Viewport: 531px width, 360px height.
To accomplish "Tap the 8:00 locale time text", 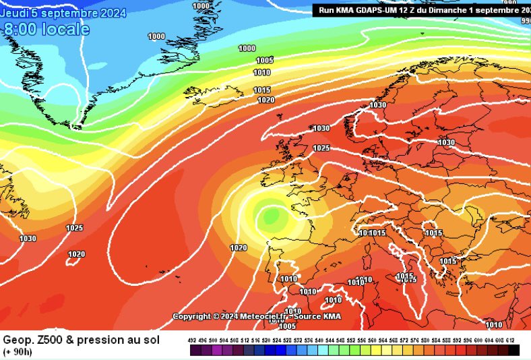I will coord(46,30).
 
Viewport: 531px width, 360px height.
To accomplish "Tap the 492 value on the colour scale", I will coord(191,341).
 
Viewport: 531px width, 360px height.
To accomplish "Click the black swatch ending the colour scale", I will coord(514,351).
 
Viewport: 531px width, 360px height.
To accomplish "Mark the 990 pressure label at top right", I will coord(526,21).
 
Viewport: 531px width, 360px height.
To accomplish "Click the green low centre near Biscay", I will coord(272,216).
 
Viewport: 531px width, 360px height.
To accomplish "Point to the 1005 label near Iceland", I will coord(265,60).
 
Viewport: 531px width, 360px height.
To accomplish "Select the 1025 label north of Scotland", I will coord(321,148).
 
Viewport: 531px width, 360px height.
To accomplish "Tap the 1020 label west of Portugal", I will coord(239,247).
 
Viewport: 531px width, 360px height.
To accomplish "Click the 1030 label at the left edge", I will coord(28,239).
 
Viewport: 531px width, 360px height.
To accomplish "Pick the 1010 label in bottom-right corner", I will coord(494,325).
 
